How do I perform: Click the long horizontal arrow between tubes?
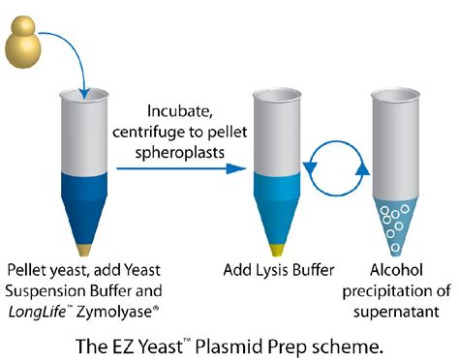179,168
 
